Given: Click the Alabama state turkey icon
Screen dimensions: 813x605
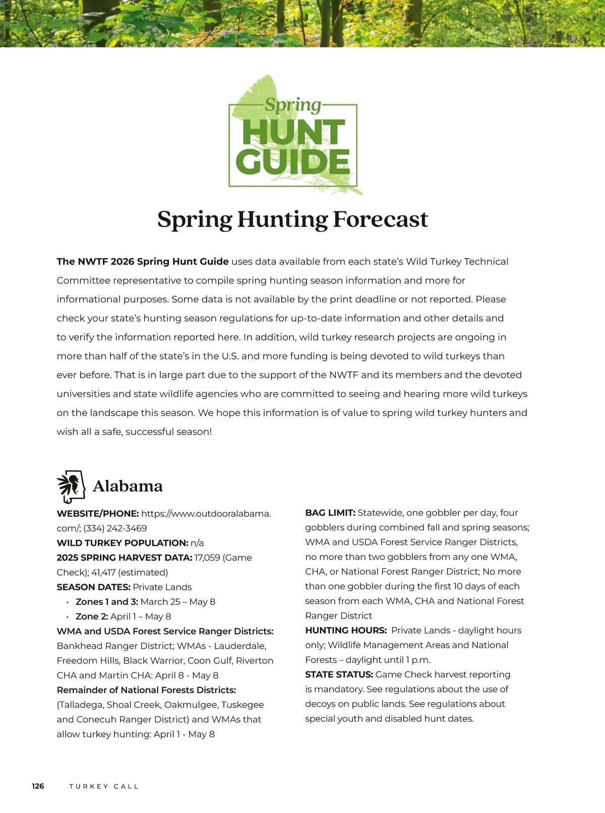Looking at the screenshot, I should (71, 486).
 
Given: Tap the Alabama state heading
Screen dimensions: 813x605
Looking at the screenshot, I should (128, 486).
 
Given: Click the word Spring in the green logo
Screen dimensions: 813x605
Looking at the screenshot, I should (293, 105).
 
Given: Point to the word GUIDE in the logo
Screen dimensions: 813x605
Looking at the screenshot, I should (292, 162).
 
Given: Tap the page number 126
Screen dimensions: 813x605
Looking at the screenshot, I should (38, 786).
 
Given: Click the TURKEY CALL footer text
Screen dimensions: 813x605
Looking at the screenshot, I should (104, 786).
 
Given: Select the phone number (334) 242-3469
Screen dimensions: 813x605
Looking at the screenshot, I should (115, 528).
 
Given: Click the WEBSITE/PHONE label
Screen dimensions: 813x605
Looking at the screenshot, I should (98, 514).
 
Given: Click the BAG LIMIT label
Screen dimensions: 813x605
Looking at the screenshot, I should (330, 513).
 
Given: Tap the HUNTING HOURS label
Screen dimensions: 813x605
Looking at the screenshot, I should (346, 631).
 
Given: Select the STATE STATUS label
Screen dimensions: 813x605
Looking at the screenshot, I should (339, 674).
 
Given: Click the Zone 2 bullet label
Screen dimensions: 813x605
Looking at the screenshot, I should (92, 616).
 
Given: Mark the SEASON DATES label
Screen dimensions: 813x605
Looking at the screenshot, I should (93, 587).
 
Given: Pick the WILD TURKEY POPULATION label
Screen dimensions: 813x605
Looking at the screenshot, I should (123, 543).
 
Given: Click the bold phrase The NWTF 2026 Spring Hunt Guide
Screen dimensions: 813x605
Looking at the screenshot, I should (143, 262).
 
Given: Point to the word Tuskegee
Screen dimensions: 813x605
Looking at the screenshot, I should (243, 705).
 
